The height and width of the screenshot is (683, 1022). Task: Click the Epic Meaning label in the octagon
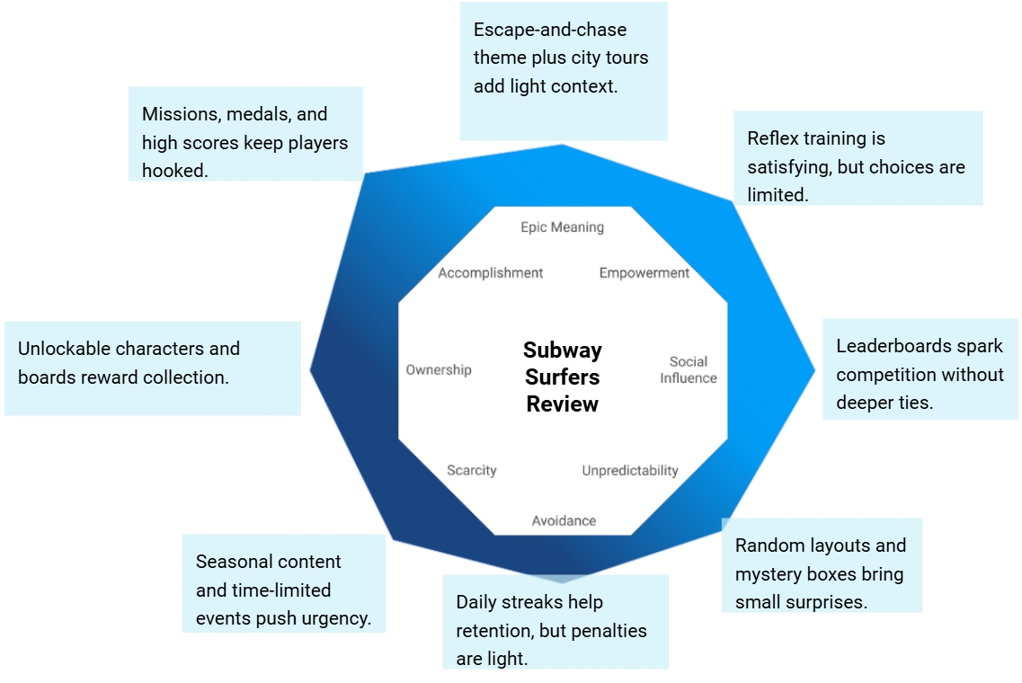(x=562, y=227)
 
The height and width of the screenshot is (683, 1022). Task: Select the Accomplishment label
(x=491, y=273)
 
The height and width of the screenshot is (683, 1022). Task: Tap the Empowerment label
(x=644, y=273)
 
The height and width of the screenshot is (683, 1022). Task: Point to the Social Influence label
(x=689, y=369)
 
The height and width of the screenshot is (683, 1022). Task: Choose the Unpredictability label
(x=630, y=471)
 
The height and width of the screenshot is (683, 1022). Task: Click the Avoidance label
(x=564, y=521)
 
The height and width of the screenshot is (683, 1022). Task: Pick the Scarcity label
(x=472, y=471)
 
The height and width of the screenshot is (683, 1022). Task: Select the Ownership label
(x=439, y=370)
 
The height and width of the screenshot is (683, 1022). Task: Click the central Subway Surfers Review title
(x=563, y=377)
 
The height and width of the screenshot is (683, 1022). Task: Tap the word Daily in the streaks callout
(x=477, y=602)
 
